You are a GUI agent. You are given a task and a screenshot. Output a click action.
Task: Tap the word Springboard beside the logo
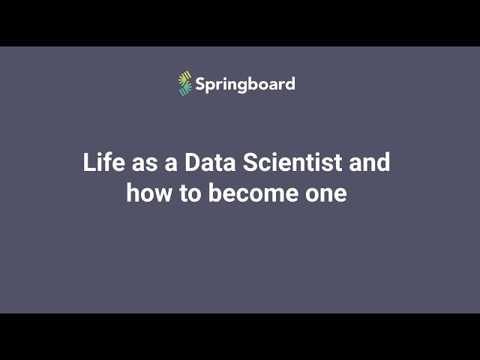click(x=245, y=84)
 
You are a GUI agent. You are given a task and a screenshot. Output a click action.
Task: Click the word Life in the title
click(x=101, y=163)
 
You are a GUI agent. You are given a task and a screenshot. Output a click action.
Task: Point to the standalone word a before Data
click(x=170, y=163)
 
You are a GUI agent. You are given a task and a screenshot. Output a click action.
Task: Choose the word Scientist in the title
click(x=295, y=163)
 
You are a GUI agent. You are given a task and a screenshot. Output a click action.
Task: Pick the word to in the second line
click(x=190, y=193)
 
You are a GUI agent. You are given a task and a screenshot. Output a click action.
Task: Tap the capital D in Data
click(x=191, y=163)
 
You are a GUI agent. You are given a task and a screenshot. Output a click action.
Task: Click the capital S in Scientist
click(x=250, y=163)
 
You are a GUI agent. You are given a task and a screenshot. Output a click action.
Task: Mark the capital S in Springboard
click(x=201, y=83)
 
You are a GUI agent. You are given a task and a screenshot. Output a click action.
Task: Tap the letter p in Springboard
click(x=211, y=85)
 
